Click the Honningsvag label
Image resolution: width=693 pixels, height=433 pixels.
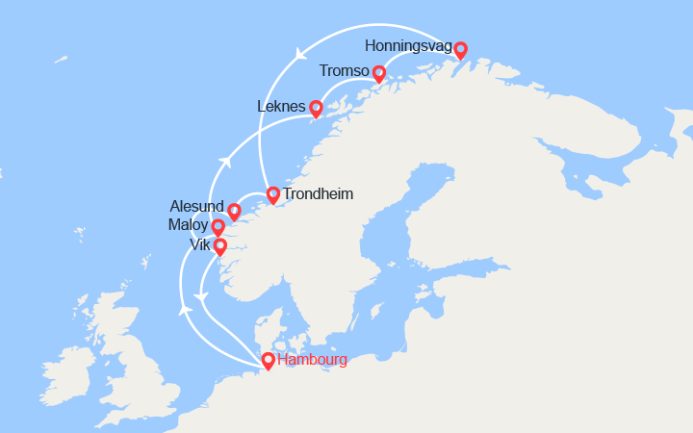(x=408, y=46)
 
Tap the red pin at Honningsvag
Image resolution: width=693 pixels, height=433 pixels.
(x=460, y=49)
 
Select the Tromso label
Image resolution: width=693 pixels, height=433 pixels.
(x=345, y=72)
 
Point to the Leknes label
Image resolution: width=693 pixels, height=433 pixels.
(x=281, y=107)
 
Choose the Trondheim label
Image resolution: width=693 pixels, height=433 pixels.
(x=318, y=194)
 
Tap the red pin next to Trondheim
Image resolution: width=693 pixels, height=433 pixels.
(x=272, y=194)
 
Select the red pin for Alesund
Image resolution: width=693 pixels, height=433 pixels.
(x=233, y=211)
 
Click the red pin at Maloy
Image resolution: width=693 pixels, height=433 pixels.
(x=218, y=227)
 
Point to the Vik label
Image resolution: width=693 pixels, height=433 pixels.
(x=199, y=245)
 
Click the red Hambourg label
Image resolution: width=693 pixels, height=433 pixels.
(x=312, y=361)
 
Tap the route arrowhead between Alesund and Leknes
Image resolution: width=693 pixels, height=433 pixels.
(x=223, y=160)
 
